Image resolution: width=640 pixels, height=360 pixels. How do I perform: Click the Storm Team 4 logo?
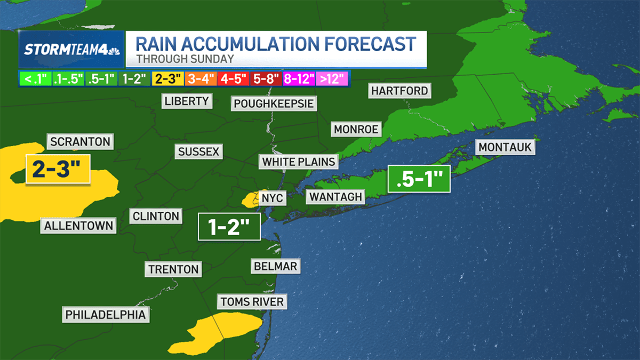tap(71, 50)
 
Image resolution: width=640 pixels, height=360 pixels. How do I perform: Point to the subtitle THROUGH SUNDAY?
tap(185, 59)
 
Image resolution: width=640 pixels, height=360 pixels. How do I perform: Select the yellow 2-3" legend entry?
tap(168, 79)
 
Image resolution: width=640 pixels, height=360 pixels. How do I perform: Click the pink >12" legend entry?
tap(332, 79)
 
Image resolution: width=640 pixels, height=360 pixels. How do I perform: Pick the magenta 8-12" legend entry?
tap(299, 79)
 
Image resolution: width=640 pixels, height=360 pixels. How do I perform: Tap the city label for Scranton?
tap(81, 142)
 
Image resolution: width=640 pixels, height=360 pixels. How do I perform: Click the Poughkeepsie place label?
tap(274, 103)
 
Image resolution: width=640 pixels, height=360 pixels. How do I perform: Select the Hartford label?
tap(399, 91)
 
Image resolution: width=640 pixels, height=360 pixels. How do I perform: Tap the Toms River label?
tap(252, 302)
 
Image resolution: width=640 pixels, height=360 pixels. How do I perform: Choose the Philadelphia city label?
tap(105, 315)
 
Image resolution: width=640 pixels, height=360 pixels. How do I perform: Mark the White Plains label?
tap(299, 161)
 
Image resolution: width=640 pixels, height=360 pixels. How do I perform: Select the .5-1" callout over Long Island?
tap(419, 179)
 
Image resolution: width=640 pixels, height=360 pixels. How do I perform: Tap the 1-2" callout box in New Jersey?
tap(229, 227)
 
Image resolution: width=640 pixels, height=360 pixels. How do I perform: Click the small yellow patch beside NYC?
tap(250, 201)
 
